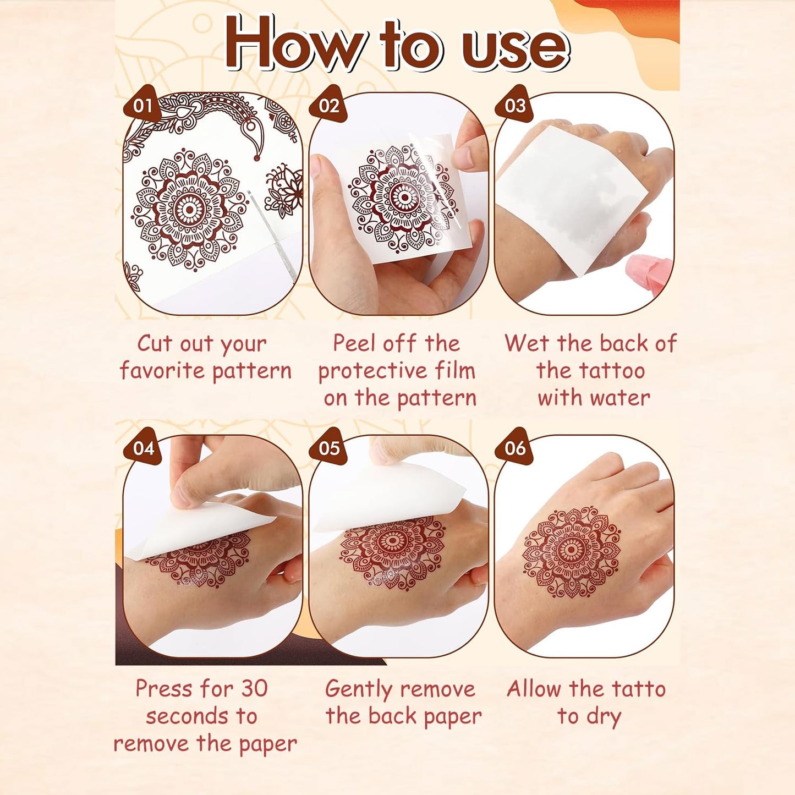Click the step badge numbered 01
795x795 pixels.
pos(142,105)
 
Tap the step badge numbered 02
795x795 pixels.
pos(328,105)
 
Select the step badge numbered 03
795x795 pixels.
pos(514,105)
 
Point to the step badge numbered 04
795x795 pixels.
pos(143,448)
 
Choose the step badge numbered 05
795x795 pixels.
pos(329,448)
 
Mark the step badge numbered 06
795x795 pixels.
pos(515,448)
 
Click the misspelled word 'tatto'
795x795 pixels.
pos(639,689)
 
